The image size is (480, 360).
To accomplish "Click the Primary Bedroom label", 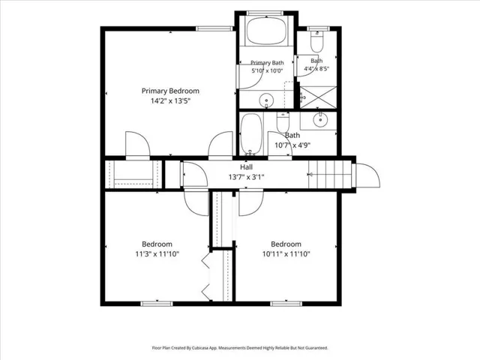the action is [x=170, y=91].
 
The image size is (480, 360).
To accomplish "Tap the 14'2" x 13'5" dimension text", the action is [x=170, y=100].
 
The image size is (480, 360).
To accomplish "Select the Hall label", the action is [x=247, y=166].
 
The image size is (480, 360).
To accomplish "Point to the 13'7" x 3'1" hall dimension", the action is [x=247, y=177].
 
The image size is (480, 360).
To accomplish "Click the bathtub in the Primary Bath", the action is [x=266, y=31].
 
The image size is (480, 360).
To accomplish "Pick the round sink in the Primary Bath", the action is [x=266, y=100].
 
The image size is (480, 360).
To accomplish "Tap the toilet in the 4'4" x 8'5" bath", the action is [x=316, y=42].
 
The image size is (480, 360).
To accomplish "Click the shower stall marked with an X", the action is [x=318, y=97].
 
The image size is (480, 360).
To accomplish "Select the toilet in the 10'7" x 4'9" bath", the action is [x=283, y=122].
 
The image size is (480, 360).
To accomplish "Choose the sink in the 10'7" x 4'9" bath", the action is [x=320, y=120].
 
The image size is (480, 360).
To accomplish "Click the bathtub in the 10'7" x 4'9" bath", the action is [x=251, y=133].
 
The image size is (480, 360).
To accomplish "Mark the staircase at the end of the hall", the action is [x=330, y=174].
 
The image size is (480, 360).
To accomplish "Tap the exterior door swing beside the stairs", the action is [x=367, y=175].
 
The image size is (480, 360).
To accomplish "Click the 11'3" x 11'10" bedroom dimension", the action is [x=157, y=253].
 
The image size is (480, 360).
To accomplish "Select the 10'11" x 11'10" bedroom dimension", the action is [x=286, y=253].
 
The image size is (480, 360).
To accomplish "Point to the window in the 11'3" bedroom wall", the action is [x=157, y=304].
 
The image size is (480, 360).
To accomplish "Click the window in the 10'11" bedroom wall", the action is [x=286, y=304].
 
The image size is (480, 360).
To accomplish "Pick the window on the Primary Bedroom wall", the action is [x=214, y=28].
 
